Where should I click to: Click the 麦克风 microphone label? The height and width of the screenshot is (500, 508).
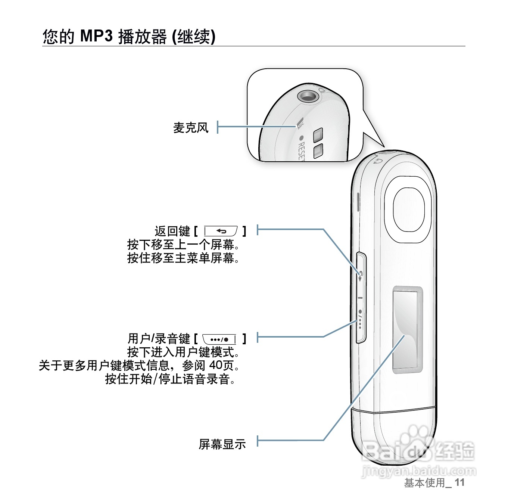coord(190,128)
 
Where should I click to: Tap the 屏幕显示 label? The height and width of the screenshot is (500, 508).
coord(222,444)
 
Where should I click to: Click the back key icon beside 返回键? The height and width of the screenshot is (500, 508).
coord(221,232)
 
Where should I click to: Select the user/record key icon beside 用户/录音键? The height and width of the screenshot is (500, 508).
coord(219,339)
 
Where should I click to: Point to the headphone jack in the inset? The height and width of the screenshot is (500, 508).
coord(308,96)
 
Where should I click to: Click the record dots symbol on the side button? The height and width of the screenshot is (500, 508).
coord(360,320)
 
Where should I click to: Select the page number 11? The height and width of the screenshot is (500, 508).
coord(459,483)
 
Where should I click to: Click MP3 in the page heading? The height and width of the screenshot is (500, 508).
coord(96,37)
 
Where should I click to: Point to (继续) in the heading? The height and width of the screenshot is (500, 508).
coord(194,37)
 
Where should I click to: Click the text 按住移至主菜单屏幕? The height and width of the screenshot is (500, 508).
coord(183,258)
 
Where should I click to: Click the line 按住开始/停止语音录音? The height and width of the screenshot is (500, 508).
coord(171,379)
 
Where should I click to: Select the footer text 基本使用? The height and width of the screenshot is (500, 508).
coord(425,483)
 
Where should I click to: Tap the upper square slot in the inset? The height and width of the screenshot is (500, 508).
coord(318,136)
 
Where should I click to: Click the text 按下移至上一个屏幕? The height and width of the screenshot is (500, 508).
coord(183,245)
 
